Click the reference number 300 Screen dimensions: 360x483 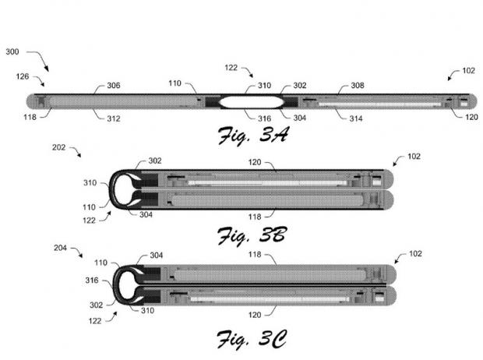(x=13, y=51)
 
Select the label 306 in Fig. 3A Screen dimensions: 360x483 (x=114, y=86)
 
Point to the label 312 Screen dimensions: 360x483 (x=114, y=118)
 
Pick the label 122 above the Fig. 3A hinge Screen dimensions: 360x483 (x=232, y=68)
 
